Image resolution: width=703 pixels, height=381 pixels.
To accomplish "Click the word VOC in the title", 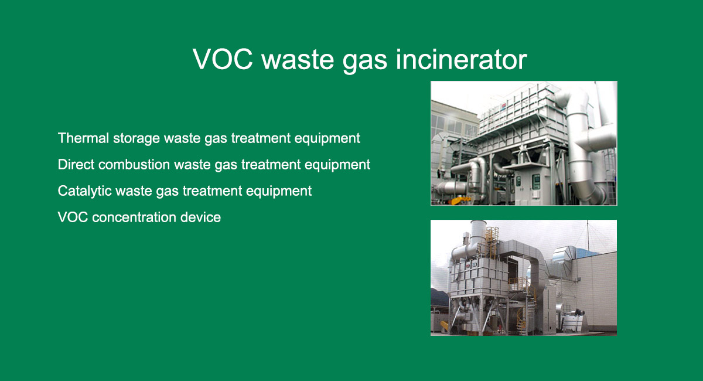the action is point(223,59).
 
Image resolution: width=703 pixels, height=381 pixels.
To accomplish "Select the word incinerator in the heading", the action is point(461,59).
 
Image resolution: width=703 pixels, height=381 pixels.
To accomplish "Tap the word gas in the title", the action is point(364,61).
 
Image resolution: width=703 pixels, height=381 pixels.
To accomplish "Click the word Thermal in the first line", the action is point(83,138).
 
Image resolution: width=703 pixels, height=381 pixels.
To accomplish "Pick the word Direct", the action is point(76,164).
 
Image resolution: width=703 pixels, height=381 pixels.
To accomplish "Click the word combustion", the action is point(134,164).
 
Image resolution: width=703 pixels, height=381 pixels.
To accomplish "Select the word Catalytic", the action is point(85,191).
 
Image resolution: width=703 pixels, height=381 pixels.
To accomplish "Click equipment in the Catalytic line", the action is point(279,192).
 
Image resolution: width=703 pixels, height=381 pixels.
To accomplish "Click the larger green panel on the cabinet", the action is point(536,181).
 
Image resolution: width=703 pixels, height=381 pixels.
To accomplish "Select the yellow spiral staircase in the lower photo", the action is point(521,317).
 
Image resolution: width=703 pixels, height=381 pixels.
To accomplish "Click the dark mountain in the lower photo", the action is point(439,297).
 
